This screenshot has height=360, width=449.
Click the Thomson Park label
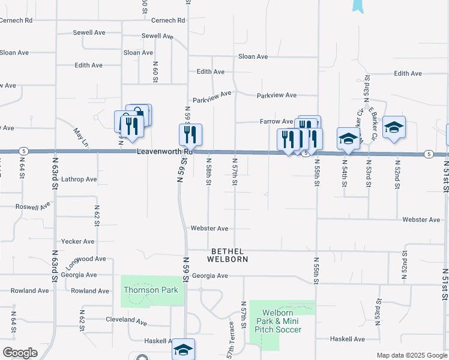click(142, 290)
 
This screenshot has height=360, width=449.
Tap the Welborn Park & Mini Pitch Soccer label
click(276, 321)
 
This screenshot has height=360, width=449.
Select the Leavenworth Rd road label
click(164, 152)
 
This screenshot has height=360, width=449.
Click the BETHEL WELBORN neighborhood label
click(228, 255)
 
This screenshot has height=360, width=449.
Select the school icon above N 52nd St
click(394, 127)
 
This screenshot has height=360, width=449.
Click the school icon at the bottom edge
click(183, 350)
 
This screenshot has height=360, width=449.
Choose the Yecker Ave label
click(77, 242)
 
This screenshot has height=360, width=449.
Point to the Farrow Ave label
click(276, 122)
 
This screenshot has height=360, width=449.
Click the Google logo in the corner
click(20, 352)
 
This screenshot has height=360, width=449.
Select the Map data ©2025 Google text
click(411, 355)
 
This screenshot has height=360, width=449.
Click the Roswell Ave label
click(33, 206)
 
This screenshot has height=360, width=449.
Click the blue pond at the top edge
click(358, 5)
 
